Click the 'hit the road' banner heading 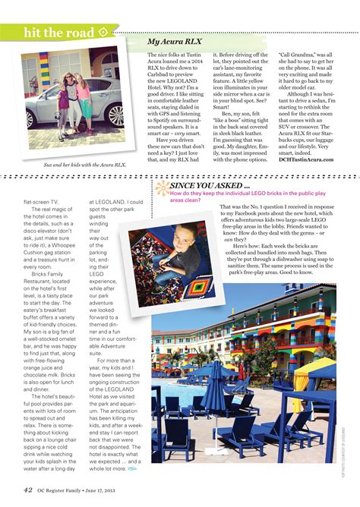pyautogui.click(x=58, y=33)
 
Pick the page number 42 pyautogui.click(x=27, y=490)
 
